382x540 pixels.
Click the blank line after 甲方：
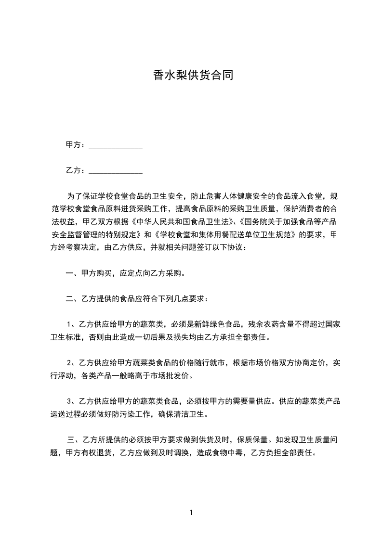116,145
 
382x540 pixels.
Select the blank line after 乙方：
116,170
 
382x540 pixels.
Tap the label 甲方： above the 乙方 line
76,144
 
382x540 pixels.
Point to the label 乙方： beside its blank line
76,170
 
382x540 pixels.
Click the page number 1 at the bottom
191,513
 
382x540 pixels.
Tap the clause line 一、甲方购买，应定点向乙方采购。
126,273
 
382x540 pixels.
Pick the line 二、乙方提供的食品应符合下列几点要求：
137,299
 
